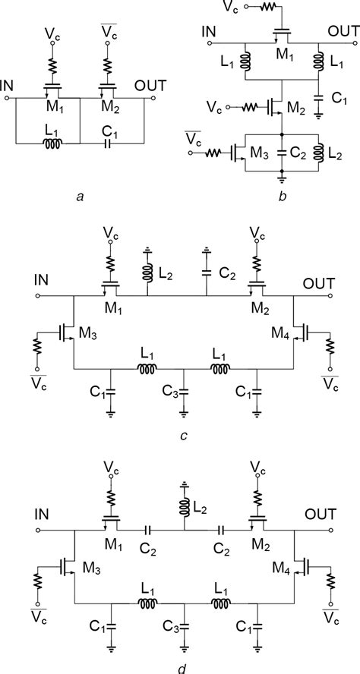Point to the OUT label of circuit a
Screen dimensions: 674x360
(x=147, y=86)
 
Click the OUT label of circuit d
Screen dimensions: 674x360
(x=318, y=515)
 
